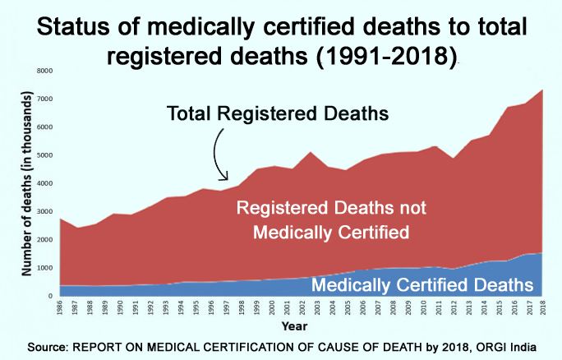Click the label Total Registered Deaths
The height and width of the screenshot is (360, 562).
(278, 112)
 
